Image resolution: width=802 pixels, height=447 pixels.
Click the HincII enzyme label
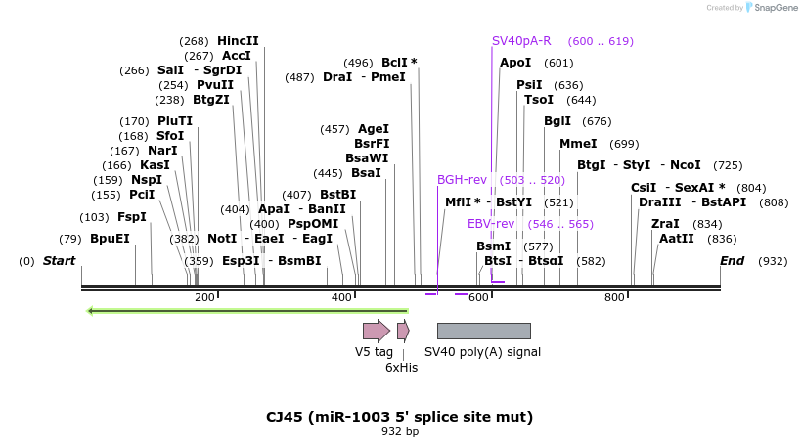238,40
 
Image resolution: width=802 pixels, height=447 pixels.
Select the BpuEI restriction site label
110,238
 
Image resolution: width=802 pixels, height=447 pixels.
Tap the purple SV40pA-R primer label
521,41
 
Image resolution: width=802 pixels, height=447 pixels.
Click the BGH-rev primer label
462,180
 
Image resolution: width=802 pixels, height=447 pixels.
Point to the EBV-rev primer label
491,224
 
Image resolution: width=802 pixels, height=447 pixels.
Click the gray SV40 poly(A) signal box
483,331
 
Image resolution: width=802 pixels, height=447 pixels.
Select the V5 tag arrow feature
376,331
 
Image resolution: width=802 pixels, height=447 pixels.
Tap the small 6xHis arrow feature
403,331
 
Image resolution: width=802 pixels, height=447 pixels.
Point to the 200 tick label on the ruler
204,297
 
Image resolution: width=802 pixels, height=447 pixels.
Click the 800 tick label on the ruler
614,297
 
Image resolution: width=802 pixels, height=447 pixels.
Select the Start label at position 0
59,261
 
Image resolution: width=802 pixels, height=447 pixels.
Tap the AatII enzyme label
677,238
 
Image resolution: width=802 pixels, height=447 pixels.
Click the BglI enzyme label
557,121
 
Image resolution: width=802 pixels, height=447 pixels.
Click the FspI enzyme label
132,216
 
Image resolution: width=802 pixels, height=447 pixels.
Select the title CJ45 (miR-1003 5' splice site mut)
399,417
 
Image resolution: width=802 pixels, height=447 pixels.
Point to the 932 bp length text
399,431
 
